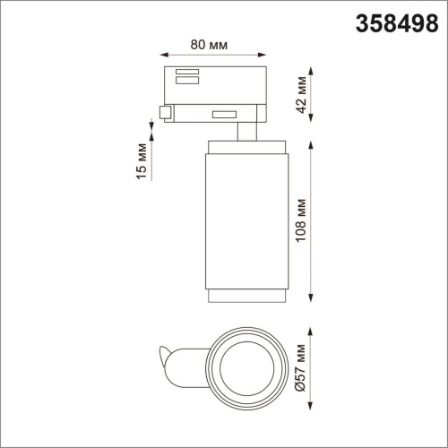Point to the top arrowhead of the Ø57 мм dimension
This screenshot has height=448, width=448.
click(311, 328)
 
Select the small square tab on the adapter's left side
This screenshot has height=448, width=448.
click(165, 112)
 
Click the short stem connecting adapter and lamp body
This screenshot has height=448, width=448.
click(244, 132)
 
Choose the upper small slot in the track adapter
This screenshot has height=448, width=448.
click(187, 72)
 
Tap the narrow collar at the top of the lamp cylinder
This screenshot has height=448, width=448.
click(245, 146)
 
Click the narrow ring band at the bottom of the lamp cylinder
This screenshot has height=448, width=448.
click(245, 297)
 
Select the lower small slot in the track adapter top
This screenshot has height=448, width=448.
click(187, 81)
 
